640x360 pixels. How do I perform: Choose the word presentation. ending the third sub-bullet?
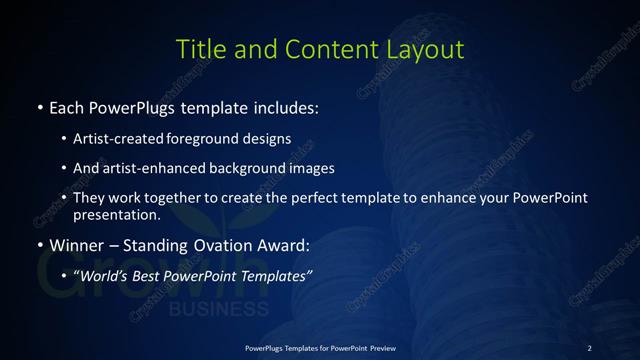(x=116, y=214)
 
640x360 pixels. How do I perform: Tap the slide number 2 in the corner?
(x=590, y=347)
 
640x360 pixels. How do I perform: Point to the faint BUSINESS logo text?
(x=205, y=309)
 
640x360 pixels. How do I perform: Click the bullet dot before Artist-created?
(x=65, y=139)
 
